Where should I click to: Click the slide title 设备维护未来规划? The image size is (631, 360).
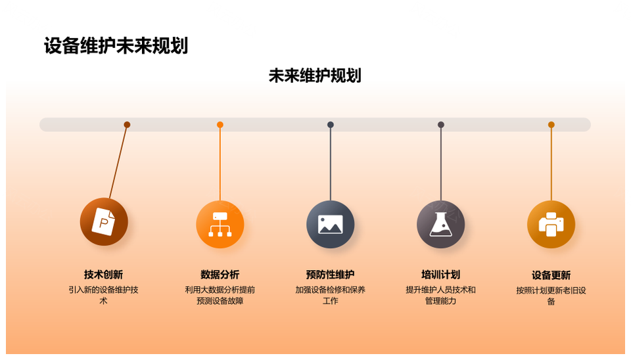point(116,45)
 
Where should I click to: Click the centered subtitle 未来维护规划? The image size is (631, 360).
point(315,76)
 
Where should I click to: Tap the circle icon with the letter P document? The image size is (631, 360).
point(104,221)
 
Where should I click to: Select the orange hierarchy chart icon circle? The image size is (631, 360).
point(220,224)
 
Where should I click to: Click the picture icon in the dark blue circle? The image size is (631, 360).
point(331,224)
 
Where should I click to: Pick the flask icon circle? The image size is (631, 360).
point(440,224)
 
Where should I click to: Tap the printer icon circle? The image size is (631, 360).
point(551,224)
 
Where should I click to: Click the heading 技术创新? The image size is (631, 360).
point(103,275)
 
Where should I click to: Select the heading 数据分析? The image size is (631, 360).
point(220,275)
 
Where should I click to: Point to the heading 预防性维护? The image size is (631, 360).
point(331,275)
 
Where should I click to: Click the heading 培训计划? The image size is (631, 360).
point(440,275)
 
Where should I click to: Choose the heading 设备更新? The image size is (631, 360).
point(551,275)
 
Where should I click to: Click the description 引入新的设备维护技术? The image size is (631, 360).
point(103,295)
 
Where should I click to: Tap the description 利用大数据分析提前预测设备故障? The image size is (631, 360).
point(220,295)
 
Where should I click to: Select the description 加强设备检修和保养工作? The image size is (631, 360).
point(331,295)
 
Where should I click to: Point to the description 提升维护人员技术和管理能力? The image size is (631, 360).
point(440,295)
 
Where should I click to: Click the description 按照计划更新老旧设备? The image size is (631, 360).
point(551,296)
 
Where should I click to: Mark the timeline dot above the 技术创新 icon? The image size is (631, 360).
point(127,125)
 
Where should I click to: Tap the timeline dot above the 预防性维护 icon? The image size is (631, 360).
point(331,125)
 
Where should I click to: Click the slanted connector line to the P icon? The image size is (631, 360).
point(118,162)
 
